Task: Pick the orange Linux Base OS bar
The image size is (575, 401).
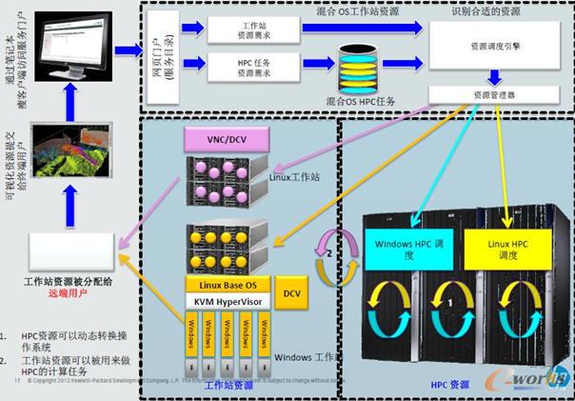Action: [x=228, y=285]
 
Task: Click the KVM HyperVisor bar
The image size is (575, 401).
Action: [x=228, y=301]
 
